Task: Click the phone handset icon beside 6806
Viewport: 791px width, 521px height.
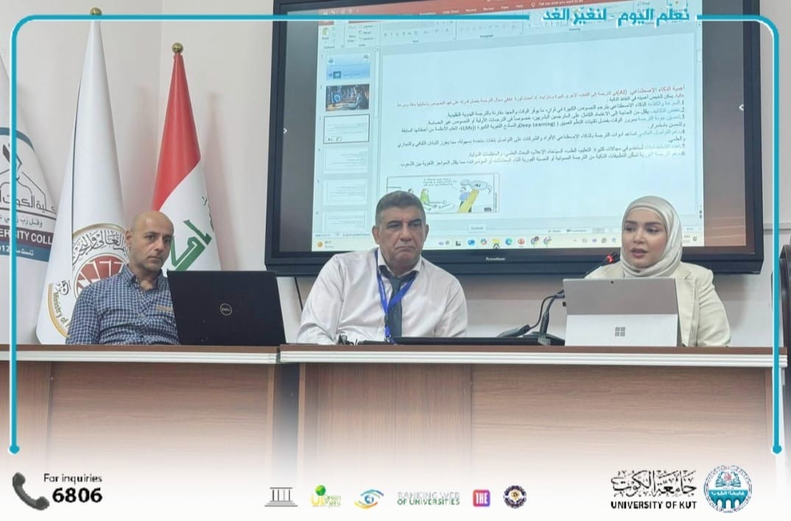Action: (x=29, y=491)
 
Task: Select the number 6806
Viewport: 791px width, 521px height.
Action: (x=77, y=495)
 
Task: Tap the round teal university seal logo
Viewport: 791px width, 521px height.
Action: (x=727, y=489)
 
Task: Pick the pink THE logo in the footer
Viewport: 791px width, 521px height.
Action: (x=481, y=497)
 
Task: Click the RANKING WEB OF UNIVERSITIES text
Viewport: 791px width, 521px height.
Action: (x=428, y=498)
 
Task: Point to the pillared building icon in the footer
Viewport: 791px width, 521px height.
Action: (x=281, y=497)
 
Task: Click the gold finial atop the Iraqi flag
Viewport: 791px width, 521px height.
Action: (x=176, y=49)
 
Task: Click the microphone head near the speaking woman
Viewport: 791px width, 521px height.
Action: (x=610, y=258)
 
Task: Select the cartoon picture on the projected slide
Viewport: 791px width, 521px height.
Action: (x=443, y=194)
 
